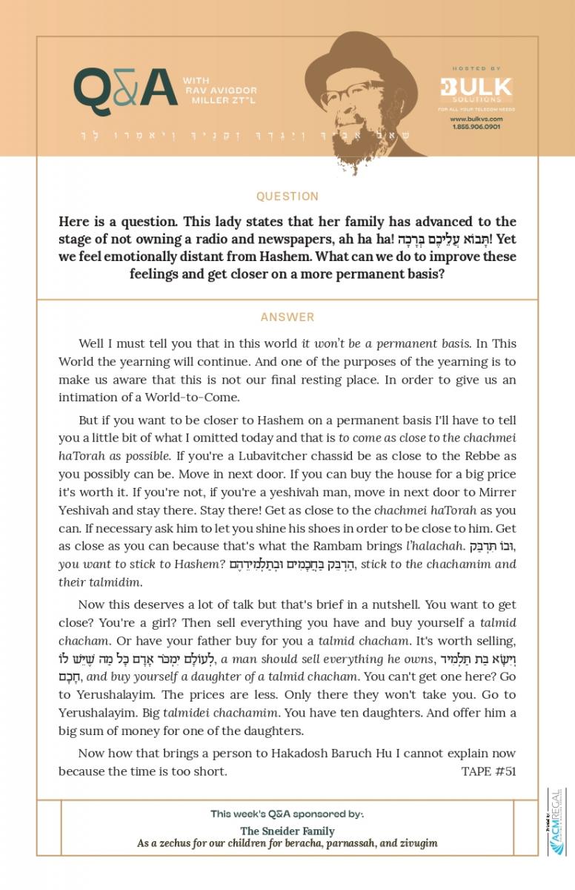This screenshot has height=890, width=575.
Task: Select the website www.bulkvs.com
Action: point(476,119)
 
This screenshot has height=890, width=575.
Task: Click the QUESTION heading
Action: point(287,197)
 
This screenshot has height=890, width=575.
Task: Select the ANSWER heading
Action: point(287,317)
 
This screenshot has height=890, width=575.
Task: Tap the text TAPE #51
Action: point(488,771)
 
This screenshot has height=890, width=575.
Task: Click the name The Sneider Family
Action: point(287,831)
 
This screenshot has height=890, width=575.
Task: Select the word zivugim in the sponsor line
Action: point(415,843)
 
